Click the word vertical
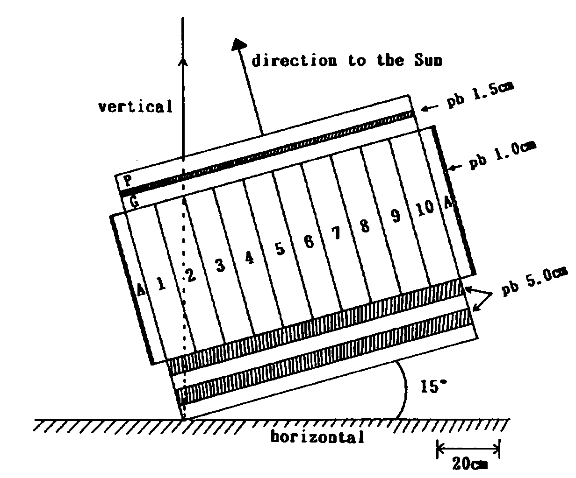[x=136, y=106]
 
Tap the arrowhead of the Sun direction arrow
[x=238, y=44]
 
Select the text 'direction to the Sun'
[x=347, y=60]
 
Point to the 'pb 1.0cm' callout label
[x=503, y=155]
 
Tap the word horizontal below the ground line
[x=317, y=437]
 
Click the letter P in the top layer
[x=128, y=181]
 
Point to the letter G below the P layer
[x=134, y=203]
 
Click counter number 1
[x=161, y=283]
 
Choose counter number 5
[x=280, y=249]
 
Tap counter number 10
[x=425, y=208]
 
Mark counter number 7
[x=336, y=233]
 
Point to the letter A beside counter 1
[x=141, y=289]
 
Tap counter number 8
[x=365, y=226]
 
